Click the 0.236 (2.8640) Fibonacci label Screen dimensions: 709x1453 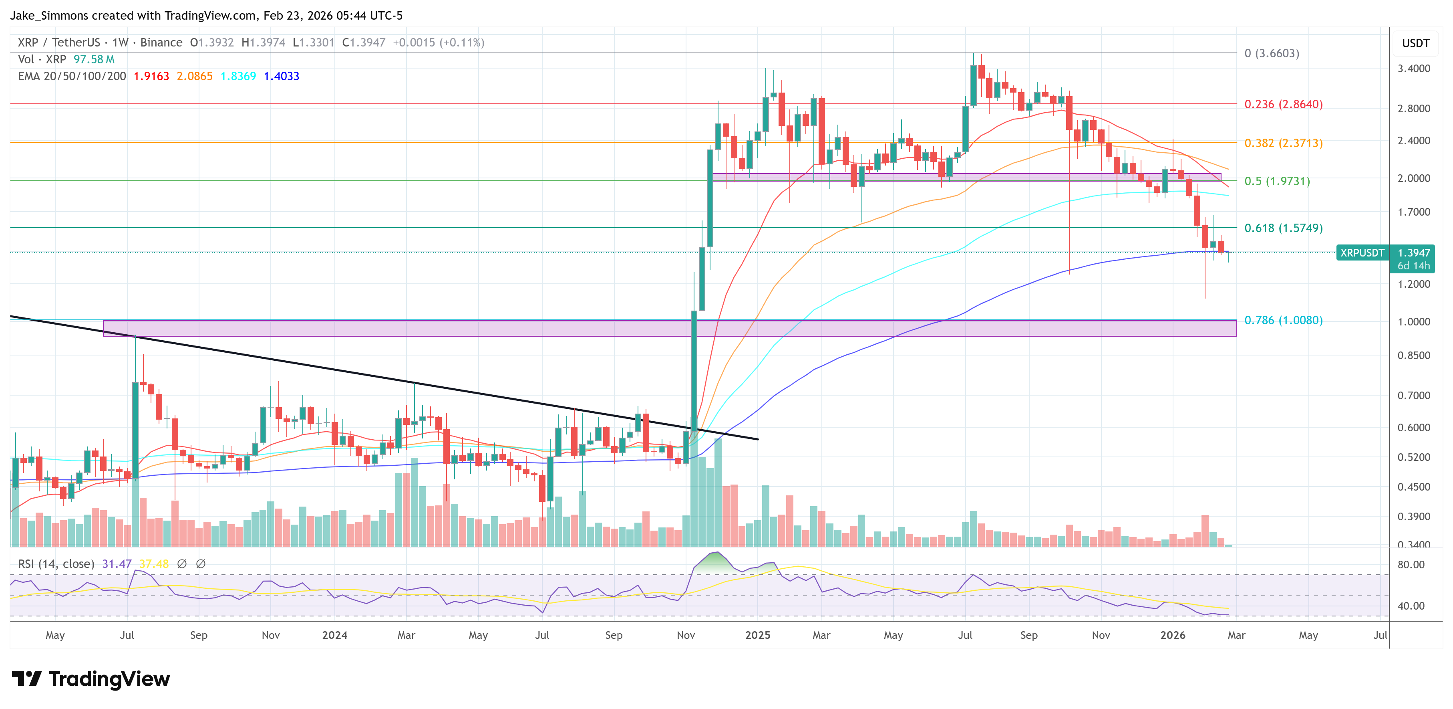1283,105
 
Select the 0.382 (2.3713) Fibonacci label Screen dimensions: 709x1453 1283,143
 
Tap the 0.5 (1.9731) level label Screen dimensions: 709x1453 1277,181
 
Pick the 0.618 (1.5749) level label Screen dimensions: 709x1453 1283,228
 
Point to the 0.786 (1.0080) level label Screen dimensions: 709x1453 1283,320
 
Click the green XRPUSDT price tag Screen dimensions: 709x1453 1362,253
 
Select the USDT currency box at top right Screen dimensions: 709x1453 1415,43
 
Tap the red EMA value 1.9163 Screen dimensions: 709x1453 151,76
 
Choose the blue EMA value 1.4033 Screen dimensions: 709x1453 282,76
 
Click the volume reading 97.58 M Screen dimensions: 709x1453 94,59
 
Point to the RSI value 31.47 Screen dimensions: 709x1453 117,564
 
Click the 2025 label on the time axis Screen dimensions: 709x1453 757,635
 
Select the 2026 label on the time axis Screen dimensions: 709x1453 1172,635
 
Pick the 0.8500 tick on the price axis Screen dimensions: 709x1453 1413,356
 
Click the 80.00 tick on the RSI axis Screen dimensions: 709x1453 1411,564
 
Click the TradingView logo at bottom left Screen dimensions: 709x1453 90,679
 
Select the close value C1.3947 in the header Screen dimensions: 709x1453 364,43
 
